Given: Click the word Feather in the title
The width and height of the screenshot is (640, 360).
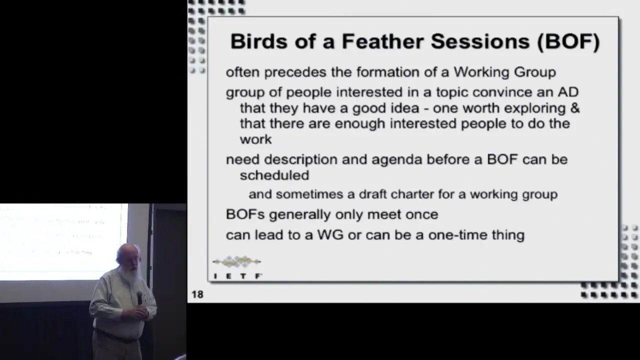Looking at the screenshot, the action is click(x=383, y=41).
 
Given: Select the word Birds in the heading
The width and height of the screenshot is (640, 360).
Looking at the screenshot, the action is click(x=259, y=41).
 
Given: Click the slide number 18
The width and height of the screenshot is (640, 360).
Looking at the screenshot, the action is click(x=197, y=294).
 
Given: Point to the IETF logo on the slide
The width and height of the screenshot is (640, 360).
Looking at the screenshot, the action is click(x=237, y=267).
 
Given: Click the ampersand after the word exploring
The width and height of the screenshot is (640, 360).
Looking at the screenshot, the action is click(x=575, y=108).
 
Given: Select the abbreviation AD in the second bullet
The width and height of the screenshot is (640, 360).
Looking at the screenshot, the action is click(x=568, y=92).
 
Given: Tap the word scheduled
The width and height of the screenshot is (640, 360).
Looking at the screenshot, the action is click(x=274, y=175).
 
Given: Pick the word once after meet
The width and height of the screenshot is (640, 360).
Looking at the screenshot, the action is click(x=421, y=214).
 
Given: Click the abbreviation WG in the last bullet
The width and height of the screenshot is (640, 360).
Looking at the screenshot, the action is click(x=330, y=235).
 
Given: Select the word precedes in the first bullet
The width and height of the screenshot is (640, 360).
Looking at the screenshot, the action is click(x=295, y=72).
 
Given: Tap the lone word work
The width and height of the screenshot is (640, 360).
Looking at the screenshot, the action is click(x=255, y=139).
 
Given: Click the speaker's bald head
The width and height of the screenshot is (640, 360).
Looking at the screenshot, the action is click(x=127, y=250).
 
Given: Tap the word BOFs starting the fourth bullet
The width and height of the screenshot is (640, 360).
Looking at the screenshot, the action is click(x=245, y=214).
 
